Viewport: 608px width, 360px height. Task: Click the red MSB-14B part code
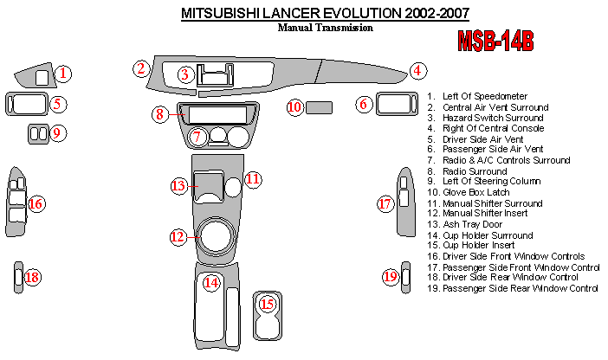[x=495, y=42]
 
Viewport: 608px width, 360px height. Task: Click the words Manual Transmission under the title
[x=325, y=27]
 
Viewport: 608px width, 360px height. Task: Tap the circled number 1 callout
[x=65, y=74]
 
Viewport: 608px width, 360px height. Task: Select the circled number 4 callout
[x=417, y=71]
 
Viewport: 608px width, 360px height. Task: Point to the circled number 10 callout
[x=294, y=107]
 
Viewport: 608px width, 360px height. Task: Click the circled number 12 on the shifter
[x=178, y=235]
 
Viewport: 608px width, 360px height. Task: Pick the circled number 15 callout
[x=267, y=304]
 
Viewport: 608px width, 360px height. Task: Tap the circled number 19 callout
[x=391, y=277]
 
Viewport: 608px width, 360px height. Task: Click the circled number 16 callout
[x=36, y=204]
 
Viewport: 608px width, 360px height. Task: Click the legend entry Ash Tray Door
[x=472, y=224]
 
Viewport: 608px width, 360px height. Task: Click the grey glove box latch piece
[x=320, y=107]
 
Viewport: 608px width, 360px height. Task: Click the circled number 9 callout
[x=58, y=133]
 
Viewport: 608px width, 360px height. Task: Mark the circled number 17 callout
[x=385, y=204]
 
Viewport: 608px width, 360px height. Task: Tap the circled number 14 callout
[x=211, y=282]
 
